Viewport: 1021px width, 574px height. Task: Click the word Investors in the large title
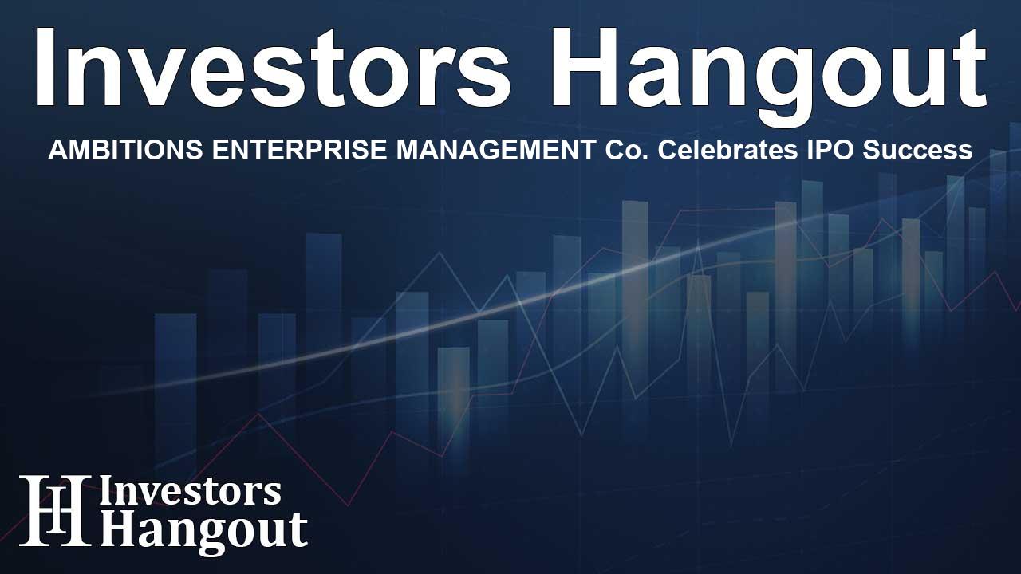click(273, 68)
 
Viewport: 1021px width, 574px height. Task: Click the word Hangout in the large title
click(769, 76)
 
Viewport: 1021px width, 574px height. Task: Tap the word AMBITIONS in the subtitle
click(125, 150)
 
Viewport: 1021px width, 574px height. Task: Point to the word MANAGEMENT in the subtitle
click(496, 150)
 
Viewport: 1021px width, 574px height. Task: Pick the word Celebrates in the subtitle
click(727, 150)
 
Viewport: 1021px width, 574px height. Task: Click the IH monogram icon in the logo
click(55, 510)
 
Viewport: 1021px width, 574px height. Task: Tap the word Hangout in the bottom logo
click(203, 532)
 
